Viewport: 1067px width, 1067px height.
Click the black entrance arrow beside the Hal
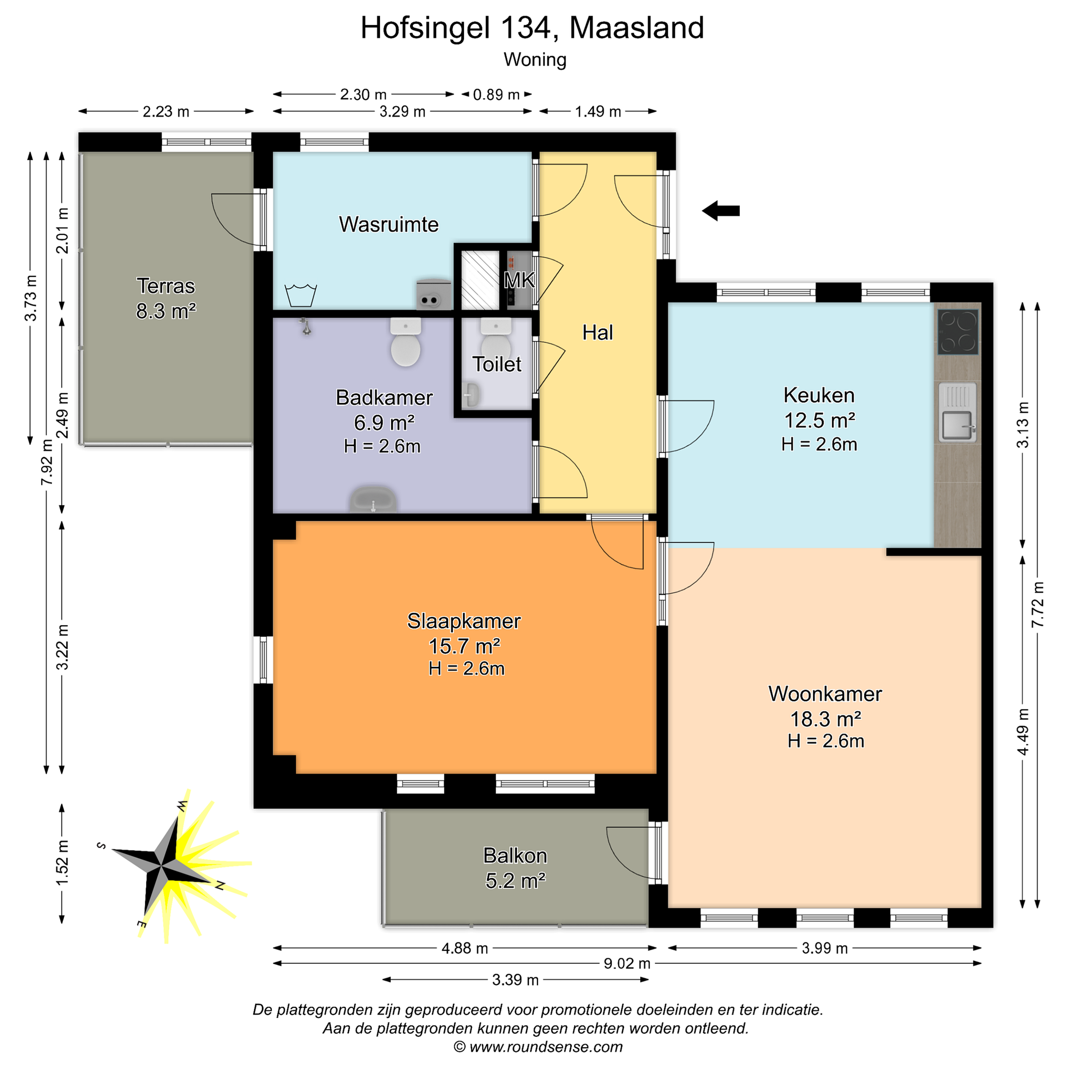click(x=721, y=210)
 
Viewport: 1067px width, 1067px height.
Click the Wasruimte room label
click(x=389, y=225)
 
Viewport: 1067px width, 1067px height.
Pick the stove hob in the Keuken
click(x=958, y=331)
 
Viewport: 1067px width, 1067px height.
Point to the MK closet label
click(x=519, y=280)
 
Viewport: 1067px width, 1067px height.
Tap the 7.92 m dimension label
click(x=47, y=463)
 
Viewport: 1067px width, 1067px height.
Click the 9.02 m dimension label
click(x=627, y=964)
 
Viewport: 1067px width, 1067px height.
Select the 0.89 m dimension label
click(x=496, y=94)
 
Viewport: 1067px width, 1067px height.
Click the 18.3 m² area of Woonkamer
click(x=826, y=719)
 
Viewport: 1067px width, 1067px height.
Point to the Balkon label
click(x=515, y=855)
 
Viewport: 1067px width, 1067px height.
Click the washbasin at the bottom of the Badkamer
click(x=373, y=500)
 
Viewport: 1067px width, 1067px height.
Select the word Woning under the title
click(x=535, y=60)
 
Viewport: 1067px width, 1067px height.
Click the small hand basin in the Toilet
click(x=471, y=395)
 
